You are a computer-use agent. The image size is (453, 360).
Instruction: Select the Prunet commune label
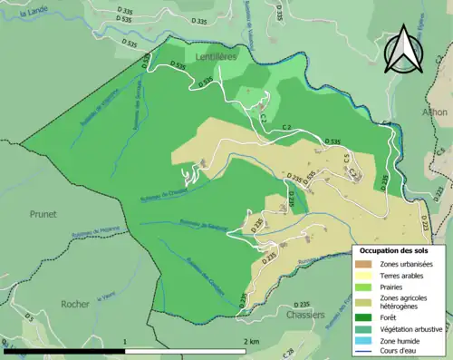(x=42, y=214)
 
